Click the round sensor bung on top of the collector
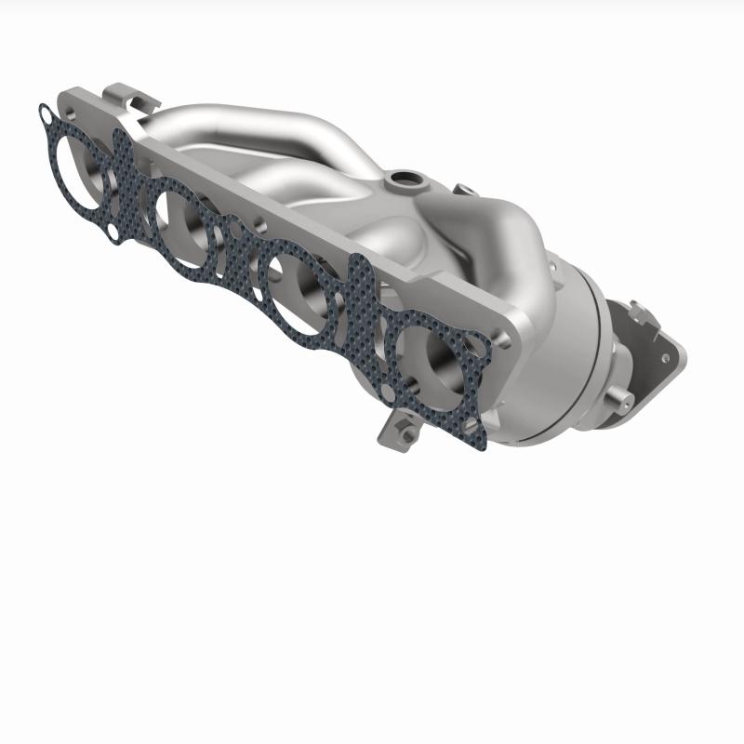click(x=404, y=177)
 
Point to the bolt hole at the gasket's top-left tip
click(x=45, y=113)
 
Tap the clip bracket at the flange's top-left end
click(x=119, y=93)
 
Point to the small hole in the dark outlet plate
click(x=666, y=355)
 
